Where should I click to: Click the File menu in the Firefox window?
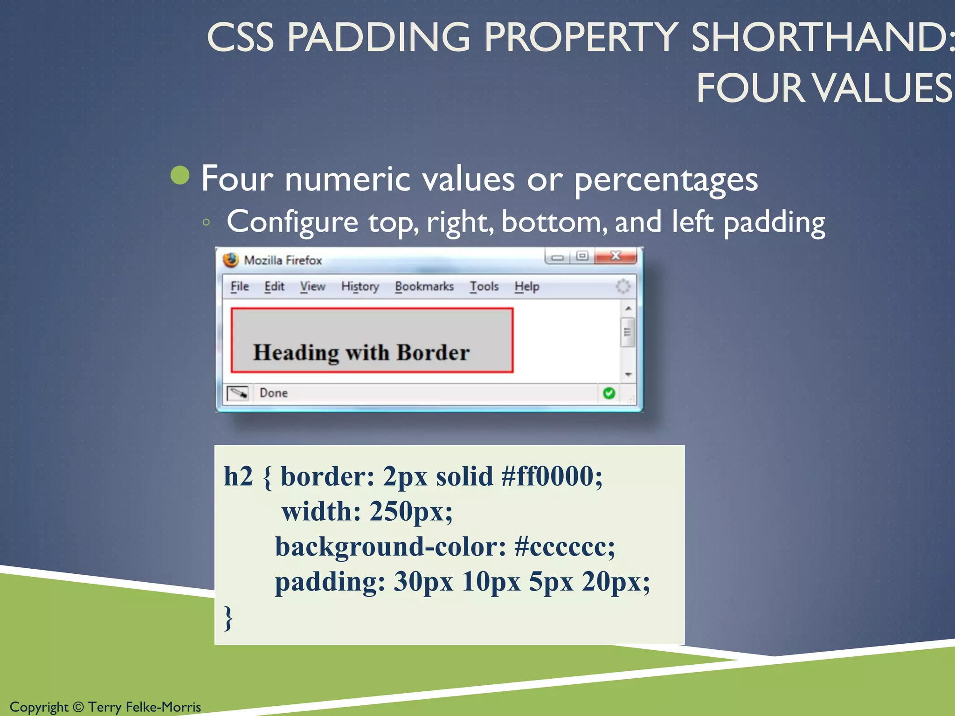240,286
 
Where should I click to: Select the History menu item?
360,286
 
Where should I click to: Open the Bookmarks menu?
424,286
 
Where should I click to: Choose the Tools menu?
484,286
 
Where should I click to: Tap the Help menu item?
527,286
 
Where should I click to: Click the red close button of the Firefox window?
616,256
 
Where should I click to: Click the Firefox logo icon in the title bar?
231,260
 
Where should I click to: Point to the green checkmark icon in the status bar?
609,393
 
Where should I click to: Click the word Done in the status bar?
274,393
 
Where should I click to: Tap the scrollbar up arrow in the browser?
628,309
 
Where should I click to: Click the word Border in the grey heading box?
433,352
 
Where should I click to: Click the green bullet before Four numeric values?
180,176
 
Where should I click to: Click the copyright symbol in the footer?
78,707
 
